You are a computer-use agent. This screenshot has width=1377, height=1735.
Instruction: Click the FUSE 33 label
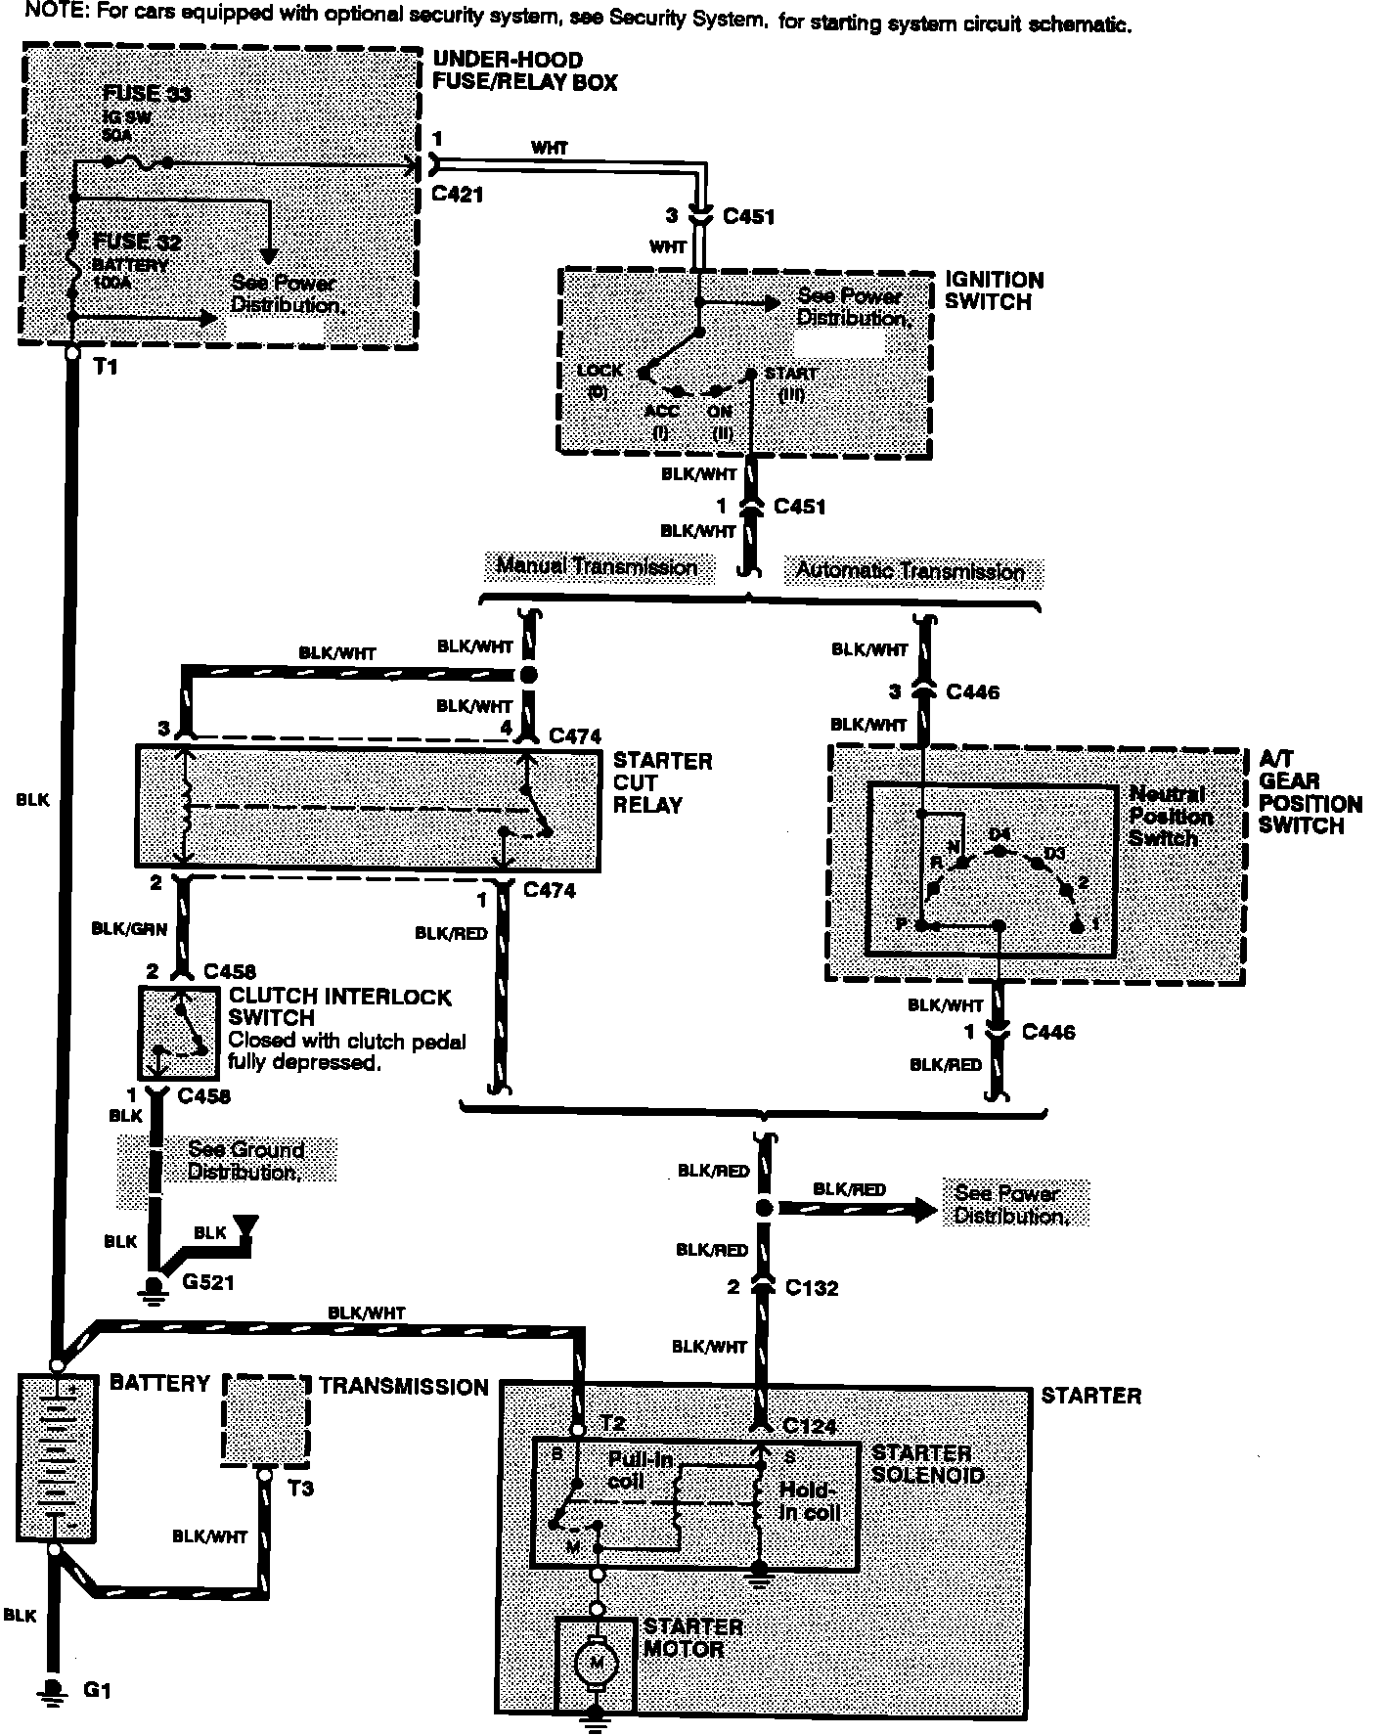click(x=147, y=95)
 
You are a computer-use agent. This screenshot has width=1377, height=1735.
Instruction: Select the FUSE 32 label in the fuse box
click(x=137, y=242)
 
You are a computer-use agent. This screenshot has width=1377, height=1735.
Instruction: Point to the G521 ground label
click(x=208, y=1280)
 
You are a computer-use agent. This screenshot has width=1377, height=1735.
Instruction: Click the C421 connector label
click(x=457, y=195)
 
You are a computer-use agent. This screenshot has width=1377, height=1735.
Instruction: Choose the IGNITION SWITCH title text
click(x=994, y=290)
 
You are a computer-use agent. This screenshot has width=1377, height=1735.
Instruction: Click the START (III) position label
click(x=791, y=382)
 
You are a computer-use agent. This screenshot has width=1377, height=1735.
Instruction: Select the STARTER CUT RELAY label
click(x=662, y=782)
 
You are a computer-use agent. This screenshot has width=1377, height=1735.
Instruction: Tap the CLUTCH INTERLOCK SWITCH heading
click(x=339, y=1007)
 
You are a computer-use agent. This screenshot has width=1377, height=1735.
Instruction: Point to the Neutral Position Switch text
click(x=1170, y=816)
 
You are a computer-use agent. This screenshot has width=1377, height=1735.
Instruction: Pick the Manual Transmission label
click(x=597, y=566)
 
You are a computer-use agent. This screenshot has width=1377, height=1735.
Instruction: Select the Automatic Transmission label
click(x=910, y=570)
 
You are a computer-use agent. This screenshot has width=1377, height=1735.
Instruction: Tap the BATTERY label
click(x=159, y=1383)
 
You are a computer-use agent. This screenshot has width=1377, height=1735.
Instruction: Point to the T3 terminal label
click(x=300, y=1489)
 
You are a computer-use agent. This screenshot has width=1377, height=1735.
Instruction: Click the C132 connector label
click(x=811, y=1287)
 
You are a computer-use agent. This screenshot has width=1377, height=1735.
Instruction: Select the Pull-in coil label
click(x=640, y=1469)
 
